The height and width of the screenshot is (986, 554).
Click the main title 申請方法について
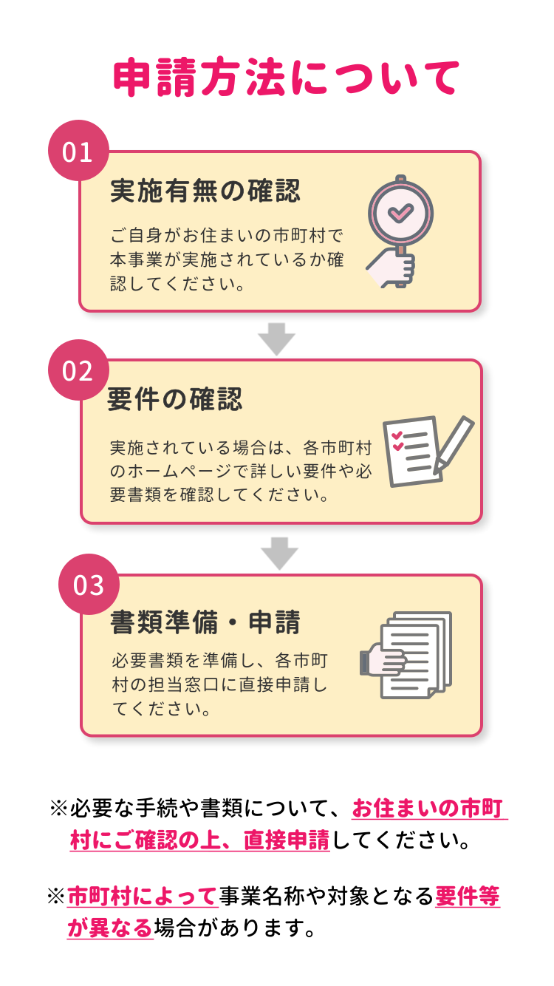coord(287,78)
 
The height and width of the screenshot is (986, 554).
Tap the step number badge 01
coord(78,152)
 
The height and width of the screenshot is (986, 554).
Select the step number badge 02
coord(78,370)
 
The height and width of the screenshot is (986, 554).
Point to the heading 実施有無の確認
coord(205,191)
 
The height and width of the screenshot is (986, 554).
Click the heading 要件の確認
coord(175,400)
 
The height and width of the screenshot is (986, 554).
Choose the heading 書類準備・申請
coord(205,622)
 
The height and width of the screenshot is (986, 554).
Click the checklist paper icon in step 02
coord(411,450)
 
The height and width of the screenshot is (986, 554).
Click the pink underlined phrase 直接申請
coord(287,841)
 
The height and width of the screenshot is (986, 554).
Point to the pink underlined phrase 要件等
coord(468,897)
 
